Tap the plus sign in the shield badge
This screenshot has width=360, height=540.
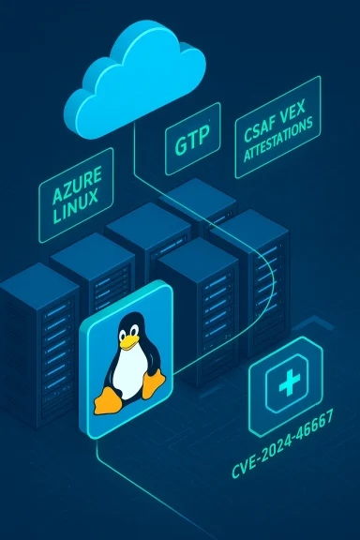[x=284, y=385]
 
